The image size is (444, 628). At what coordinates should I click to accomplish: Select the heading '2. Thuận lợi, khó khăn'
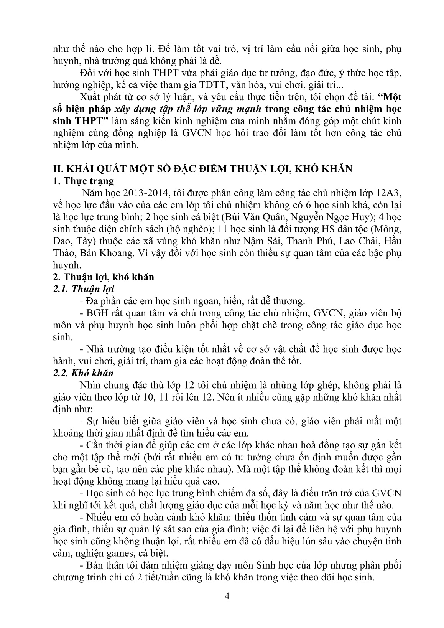103,277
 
